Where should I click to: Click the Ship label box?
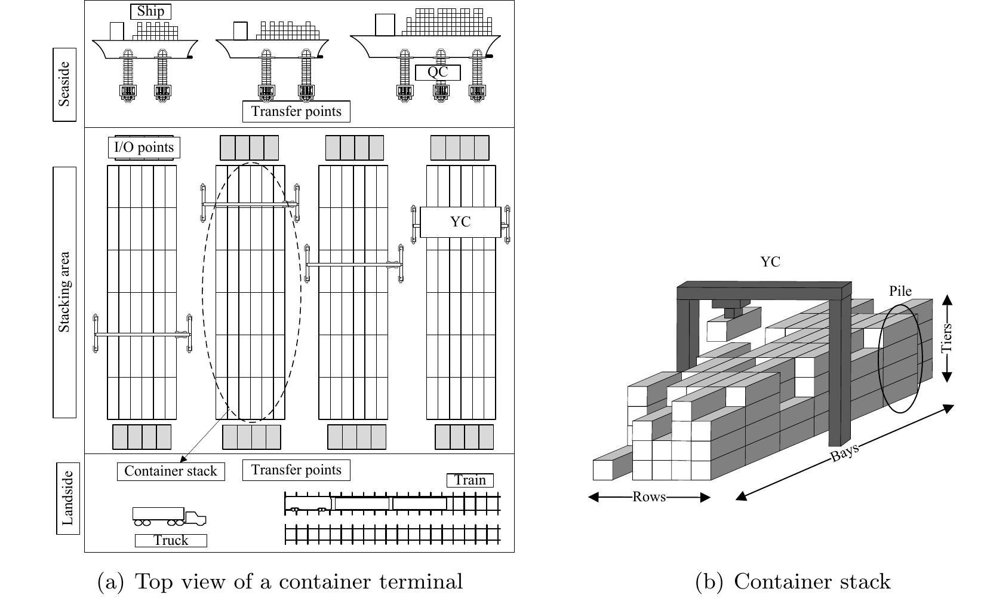tap(150, 11)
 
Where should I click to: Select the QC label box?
tap(438, 72)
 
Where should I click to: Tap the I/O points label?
tap(144, 148)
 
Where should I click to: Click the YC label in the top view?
tap(460, 222)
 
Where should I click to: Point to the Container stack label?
tap(171, 471)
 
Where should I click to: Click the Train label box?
tap(470, 480)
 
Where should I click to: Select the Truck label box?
tap(171, 540)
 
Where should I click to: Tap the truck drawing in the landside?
tap(169, 516)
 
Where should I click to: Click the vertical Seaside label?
tap(64, 84)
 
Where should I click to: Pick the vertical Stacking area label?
tap(64, 292)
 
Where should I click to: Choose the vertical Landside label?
tap(67, 498)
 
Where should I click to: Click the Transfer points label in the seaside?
tap(296, 111)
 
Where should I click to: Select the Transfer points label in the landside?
tap(296, 470)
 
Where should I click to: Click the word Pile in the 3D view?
tap(900, 291)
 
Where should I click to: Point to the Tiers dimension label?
tap(946, 338)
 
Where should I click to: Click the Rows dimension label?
tap(649, 497)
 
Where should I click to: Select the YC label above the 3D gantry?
tap(770, 262)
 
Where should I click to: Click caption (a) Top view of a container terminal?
tap(280, 581)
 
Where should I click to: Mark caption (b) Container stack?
tap(793, 581)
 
